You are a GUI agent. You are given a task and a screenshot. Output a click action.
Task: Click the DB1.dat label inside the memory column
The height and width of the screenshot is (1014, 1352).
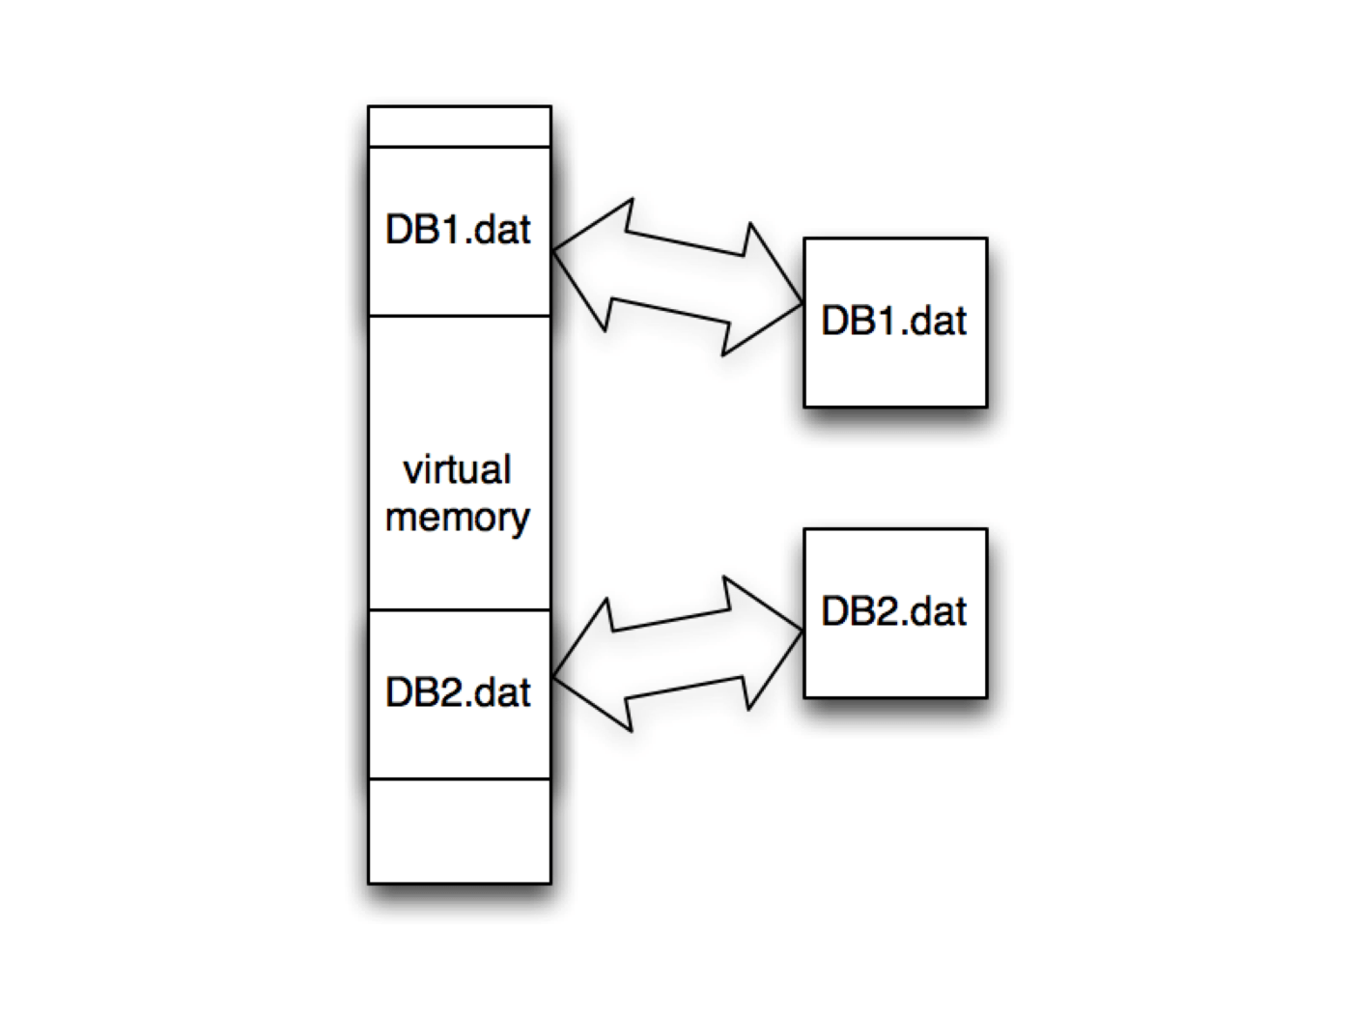tap(458, 230)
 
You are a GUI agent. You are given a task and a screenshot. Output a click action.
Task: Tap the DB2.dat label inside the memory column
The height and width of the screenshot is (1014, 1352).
tap(458, 692)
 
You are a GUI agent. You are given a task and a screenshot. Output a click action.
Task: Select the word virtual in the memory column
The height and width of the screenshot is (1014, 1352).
tap(457, 470)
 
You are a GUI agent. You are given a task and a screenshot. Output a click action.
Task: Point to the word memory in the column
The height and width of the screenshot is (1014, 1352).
tap(457, 518)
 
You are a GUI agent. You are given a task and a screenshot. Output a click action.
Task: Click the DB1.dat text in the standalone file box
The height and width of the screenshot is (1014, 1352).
tap(893, 321)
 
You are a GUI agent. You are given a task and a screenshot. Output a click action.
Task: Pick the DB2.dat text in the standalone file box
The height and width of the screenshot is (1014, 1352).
tap(893, 611)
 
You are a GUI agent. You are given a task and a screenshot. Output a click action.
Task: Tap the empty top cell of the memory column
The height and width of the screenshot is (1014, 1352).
tap(460, 127)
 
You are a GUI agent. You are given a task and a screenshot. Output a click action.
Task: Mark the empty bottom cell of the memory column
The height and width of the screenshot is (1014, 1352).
tap(460, 831)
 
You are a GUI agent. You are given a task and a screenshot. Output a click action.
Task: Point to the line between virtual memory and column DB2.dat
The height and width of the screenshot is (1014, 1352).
tap(460, 610)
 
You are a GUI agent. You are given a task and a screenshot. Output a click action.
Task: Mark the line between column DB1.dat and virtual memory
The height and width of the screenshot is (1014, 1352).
tap(460, 316)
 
